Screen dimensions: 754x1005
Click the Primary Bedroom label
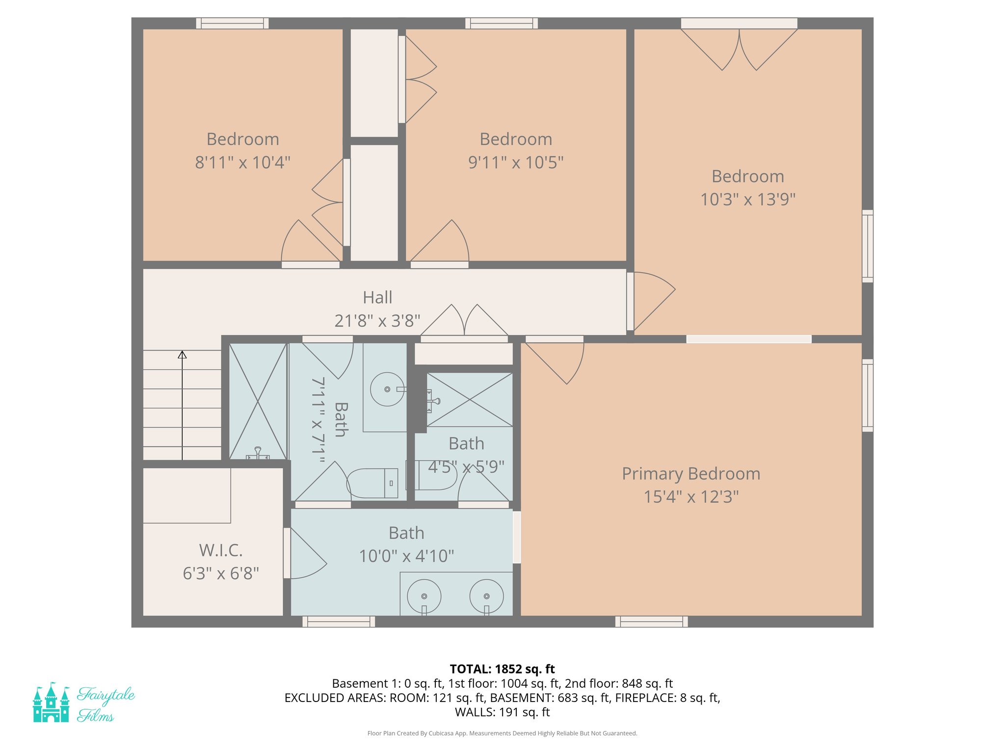[691, 474]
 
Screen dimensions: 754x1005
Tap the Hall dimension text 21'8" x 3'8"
[377, 321]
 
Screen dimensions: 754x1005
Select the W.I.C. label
[221, 550]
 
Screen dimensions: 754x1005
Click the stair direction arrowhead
[182, 354]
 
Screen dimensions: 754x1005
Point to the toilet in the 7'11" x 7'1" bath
[373, 483]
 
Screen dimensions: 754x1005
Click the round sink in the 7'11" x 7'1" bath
[387, 389]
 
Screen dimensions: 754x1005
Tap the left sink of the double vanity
[424, 596]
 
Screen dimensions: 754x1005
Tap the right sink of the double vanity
[486, 596]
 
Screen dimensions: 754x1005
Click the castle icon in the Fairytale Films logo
[51, 703]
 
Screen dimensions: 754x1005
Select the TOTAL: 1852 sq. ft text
[502, 669]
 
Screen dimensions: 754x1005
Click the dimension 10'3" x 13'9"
[747, 200]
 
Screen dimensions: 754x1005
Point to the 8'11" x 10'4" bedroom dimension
[243, 162]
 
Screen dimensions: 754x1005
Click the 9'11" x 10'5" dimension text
[516, 162]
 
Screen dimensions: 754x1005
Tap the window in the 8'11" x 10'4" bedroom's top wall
[232, 23]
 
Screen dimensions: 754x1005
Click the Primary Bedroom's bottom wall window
[651, 621]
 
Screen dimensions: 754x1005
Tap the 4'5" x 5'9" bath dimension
[466, 467]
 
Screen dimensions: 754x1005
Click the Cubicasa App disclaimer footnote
[502, 733]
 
